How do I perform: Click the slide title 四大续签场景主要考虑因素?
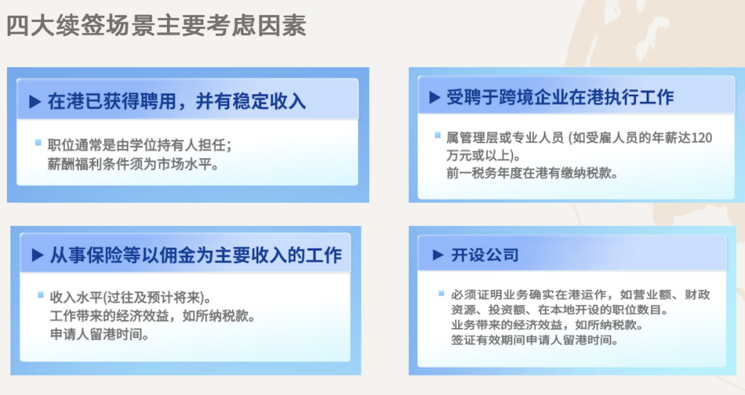(156, 26)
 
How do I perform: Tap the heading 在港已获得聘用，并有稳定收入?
(177, 102)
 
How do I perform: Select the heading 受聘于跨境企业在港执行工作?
(559, 98)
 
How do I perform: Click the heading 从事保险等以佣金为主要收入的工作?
(196, 256)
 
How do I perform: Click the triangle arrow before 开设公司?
(437, 256)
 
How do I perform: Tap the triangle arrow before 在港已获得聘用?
(35, 102)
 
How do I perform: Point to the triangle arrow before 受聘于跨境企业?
(435, 98)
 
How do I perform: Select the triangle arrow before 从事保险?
(37, 256)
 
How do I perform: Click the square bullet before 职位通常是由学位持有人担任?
(39, 143)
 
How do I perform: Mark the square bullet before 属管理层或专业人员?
(437, 136)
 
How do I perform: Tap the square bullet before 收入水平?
(41, 295)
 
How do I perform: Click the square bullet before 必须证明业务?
(441, 293)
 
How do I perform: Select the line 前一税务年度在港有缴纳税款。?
(532, 174)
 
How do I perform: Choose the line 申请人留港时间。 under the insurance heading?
(99, 336)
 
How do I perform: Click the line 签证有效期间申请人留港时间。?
(535, 341)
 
